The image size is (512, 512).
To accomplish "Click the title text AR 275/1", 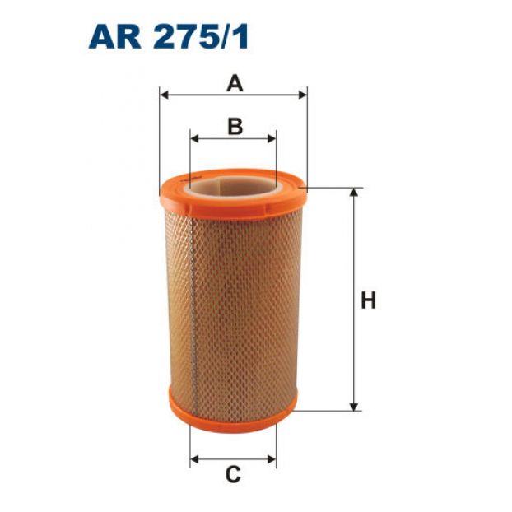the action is [x=169, y=38].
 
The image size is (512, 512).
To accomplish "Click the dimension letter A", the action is [x=235, y=83].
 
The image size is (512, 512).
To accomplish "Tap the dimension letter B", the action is [x=235, y=127].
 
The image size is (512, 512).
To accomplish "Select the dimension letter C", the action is [x=233, y=475].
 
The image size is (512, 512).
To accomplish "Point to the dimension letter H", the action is [x=368, y=300].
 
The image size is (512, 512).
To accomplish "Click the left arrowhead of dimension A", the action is [x=164, y=95].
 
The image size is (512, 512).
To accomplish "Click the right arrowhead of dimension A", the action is [x=303, y=95].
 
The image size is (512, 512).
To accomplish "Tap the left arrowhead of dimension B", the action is [x=194, y=138].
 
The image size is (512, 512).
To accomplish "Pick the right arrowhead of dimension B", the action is [x=272, y=138].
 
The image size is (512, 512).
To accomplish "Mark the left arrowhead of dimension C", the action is [x=194, y=459].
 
